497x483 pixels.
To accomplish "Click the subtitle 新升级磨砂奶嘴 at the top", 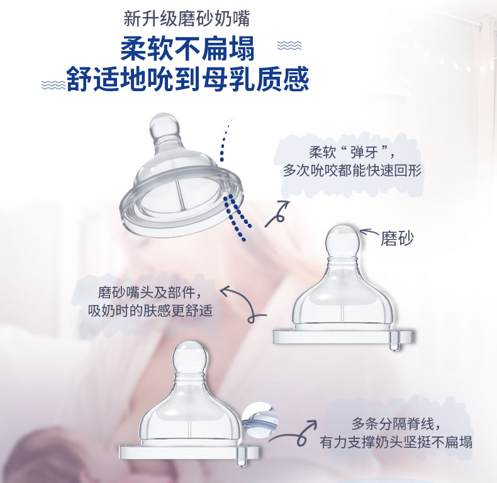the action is pos(187,19).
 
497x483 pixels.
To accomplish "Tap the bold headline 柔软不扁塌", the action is pos(187,48).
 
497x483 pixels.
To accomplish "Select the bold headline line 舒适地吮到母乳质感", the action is pos(187,79).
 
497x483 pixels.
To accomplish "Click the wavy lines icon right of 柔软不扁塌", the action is pos(289,45).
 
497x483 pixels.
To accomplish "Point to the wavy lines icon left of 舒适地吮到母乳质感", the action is pos(53,85).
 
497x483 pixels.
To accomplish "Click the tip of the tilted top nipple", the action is pos(164,122).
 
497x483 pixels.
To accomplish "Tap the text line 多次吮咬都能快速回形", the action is pos(352,170).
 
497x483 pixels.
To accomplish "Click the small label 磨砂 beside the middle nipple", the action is pos(397,238).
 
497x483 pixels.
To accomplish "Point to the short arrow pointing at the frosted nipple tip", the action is pos(369,232).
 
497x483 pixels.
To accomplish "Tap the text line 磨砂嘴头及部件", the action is pos(150,292).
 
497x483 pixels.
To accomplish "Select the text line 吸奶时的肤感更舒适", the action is pos(150,311).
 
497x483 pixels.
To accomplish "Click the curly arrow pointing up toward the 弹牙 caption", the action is pos(277,214).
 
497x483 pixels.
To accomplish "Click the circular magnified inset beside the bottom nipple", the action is pos(260,418).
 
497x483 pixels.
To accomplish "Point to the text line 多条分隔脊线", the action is pos(396,423).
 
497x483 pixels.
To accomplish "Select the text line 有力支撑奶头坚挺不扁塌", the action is pos(396,441).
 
